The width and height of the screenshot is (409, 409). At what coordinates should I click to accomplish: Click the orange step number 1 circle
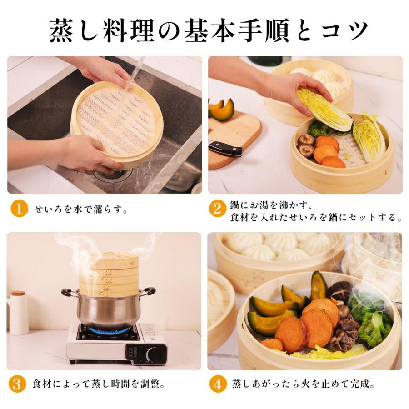pyautogui.click(x=19, y=209)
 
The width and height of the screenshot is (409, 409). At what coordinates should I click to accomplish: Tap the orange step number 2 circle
pyautogui.click(x=218, y=209)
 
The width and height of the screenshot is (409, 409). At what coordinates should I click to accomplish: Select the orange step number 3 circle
pyautogui.click(x=17, y=384)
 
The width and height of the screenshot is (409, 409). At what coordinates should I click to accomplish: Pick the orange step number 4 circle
pyautogui.click(x=218, y=384)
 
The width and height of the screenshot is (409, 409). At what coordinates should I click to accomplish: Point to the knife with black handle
pyautogui.click(x=225, y=148)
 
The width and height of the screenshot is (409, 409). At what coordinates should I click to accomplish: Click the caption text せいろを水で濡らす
pyautogui.click(x=81, y=210)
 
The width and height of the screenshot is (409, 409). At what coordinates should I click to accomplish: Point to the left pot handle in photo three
pyautogui.click(x=68, y=292)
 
